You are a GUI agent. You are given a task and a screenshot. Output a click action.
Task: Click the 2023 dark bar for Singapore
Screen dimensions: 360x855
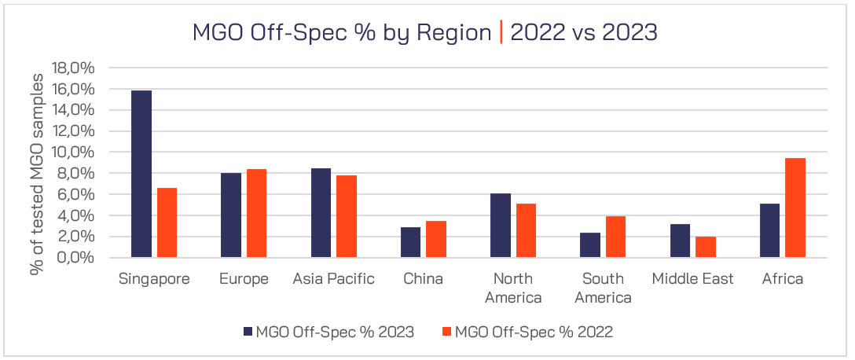pos(141,174)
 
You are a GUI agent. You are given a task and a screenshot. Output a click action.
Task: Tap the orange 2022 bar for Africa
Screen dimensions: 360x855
pos(795,208)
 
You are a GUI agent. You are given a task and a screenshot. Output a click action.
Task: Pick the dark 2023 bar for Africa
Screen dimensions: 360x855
pos(769,230)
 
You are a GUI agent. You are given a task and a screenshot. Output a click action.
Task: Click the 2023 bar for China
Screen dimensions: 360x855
pos(411,242)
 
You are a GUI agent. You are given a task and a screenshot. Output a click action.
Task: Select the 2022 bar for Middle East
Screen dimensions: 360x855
pos(706,247)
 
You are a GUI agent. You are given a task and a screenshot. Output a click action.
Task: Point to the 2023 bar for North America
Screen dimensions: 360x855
pos(501,226)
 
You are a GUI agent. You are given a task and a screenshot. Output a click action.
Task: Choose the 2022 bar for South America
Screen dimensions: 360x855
pos(616,237)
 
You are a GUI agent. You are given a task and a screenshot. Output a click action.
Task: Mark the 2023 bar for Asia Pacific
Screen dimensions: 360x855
pos(321,213)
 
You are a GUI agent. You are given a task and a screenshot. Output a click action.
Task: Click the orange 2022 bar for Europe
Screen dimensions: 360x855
pos(257,213)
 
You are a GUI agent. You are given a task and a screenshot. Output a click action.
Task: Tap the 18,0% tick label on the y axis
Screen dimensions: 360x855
pos(72,68)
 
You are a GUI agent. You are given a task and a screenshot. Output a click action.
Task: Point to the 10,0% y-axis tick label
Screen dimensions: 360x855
pos(72,152)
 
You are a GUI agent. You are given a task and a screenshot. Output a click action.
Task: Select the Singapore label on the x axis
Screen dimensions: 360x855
pos(154,279)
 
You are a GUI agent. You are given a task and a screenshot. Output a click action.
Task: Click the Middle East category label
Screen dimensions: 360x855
pos(692,279)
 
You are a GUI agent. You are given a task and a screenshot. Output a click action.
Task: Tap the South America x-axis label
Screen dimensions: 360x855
pos(603,288)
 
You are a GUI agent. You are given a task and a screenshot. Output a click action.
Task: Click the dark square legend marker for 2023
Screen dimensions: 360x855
pos(248,332)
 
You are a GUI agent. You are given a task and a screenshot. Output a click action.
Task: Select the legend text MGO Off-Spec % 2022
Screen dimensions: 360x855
pos(534,332)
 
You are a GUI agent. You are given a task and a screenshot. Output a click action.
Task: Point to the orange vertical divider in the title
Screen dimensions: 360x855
pos(501,33)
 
